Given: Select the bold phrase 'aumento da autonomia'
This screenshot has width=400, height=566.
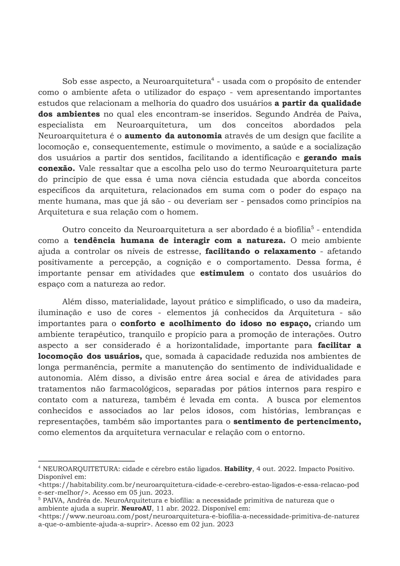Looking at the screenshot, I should pos(173,136).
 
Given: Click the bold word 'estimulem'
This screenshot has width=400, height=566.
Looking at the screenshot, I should pos(222,273).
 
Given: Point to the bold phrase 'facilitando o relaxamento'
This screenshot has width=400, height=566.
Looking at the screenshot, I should pos(260,251).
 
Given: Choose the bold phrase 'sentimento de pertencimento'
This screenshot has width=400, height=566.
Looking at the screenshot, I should pos(297,422).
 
